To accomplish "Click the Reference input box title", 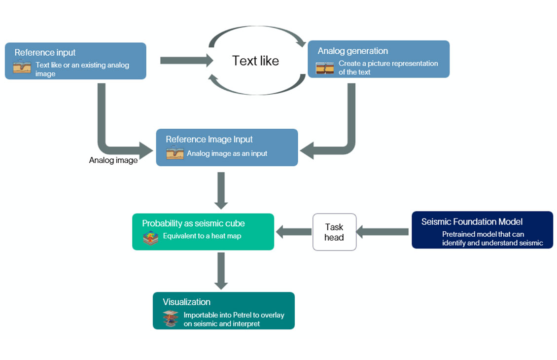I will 45,53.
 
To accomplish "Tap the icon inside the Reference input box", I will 22,67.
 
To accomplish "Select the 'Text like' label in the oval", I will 255,61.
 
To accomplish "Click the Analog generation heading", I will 352,51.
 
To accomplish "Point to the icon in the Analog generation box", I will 325,68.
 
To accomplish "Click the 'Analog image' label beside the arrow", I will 113,160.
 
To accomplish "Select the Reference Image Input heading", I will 209,139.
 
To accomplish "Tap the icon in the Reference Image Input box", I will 174,153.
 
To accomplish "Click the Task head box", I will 334,232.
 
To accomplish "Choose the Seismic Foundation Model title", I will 472,221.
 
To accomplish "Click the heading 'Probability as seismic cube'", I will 193,223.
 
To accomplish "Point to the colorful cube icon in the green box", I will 151,238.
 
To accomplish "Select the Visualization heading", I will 186,302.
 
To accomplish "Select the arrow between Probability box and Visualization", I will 221,270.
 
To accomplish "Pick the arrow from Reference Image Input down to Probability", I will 221,190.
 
